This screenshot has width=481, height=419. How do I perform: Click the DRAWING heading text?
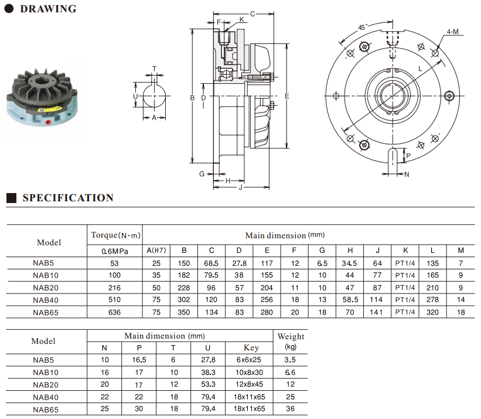(x=48, y=9)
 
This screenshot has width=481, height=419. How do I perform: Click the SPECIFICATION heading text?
(x=68, y=198)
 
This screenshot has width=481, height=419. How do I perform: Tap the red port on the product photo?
(x=48, y=122)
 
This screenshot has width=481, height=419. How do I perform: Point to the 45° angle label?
(x=362, y=28)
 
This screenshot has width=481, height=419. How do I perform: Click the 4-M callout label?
(x=452, y=32)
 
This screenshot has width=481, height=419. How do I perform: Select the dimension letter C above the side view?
(x=253, y=14)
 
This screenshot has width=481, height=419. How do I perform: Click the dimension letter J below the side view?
(x=240, y=187)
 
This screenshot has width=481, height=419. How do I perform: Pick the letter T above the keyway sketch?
(x=154, y=69)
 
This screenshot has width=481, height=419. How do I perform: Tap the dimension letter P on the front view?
(x=408, y=156)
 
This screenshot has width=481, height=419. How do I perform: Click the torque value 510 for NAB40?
(x=114, y=299)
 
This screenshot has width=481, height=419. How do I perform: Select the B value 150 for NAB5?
(x=184, y=263)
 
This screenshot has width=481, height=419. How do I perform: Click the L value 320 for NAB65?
(x=432, y=312)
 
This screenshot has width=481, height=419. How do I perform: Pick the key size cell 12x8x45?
(x=249, y=384)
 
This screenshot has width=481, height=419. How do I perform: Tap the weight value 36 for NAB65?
(x=290, y=409)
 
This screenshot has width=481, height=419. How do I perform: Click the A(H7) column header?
(x=156, y=251)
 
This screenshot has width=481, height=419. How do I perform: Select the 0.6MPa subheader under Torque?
(x=115, y=251)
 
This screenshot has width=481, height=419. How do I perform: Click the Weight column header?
(x=291, y=336)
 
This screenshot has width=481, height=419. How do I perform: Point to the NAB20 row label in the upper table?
(x=46, y=288)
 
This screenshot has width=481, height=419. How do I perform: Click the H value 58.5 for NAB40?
(x=350, y=299)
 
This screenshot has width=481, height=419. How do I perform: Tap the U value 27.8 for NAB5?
(x=209, y=360)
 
